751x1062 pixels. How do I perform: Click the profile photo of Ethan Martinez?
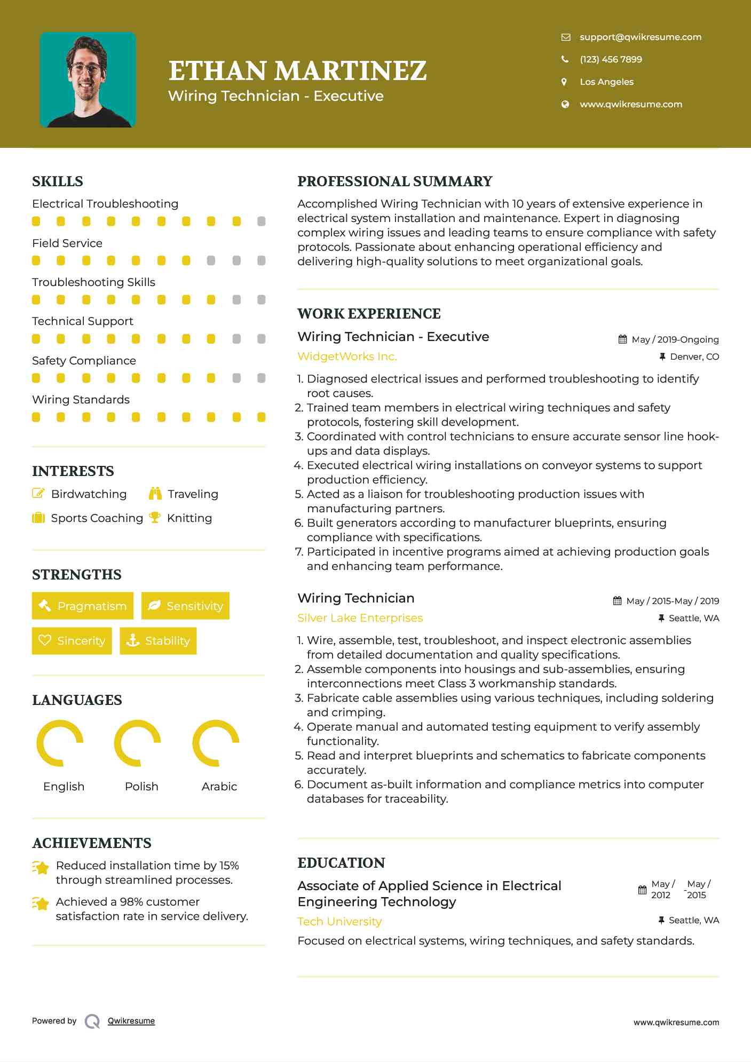(88, 80)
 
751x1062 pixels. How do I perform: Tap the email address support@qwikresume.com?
(641, 37)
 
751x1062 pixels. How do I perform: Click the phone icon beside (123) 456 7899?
(565, 59)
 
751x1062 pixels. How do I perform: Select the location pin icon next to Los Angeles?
(564, 82)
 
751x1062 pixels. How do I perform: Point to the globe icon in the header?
(565, 104)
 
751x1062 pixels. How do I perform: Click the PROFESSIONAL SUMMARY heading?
(394, 181)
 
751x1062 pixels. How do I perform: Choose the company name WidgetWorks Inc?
(347, 356)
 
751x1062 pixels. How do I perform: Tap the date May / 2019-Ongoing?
(675, 339)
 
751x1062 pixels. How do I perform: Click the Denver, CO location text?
(694, 356)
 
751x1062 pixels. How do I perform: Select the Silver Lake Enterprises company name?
(360, 618)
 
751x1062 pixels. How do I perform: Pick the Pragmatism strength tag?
(83, 606)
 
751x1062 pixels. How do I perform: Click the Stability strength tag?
(158, 640)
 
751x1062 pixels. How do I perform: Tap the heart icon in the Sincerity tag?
(45, 640)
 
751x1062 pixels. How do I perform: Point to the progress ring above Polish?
(138, 743)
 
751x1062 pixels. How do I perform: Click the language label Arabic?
(219, 787)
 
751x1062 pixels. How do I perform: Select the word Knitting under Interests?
(189, 518)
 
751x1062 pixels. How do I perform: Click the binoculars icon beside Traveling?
(155, 494)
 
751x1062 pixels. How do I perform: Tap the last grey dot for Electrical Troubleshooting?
(261, 221)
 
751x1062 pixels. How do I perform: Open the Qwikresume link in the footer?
(131, 1021)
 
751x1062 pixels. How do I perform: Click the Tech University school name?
(339, 922)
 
